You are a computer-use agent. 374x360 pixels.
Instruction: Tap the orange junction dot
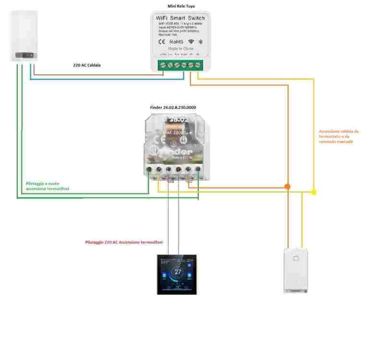pos(288,186)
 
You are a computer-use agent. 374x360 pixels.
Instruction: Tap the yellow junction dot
pos(314,192)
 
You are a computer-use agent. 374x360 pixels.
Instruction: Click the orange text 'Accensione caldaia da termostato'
pos(338,136)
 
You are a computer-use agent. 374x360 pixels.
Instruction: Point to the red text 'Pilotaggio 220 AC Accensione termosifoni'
pos(124,243)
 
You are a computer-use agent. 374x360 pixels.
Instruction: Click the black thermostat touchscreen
pos(178,274)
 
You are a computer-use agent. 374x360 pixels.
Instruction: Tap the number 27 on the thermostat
pos(178,272)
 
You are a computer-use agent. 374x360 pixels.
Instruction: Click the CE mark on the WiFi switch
pos(162,42)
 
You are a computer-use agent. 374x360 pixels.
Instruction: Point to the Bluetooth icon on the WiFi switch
pos(201,42)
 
